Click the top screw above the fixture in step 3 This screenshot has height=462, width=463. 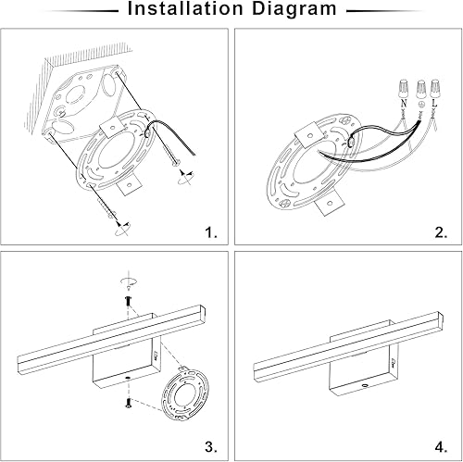point(127,301)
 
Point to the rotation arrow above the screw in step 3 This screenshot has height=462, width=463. point(127,281)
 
